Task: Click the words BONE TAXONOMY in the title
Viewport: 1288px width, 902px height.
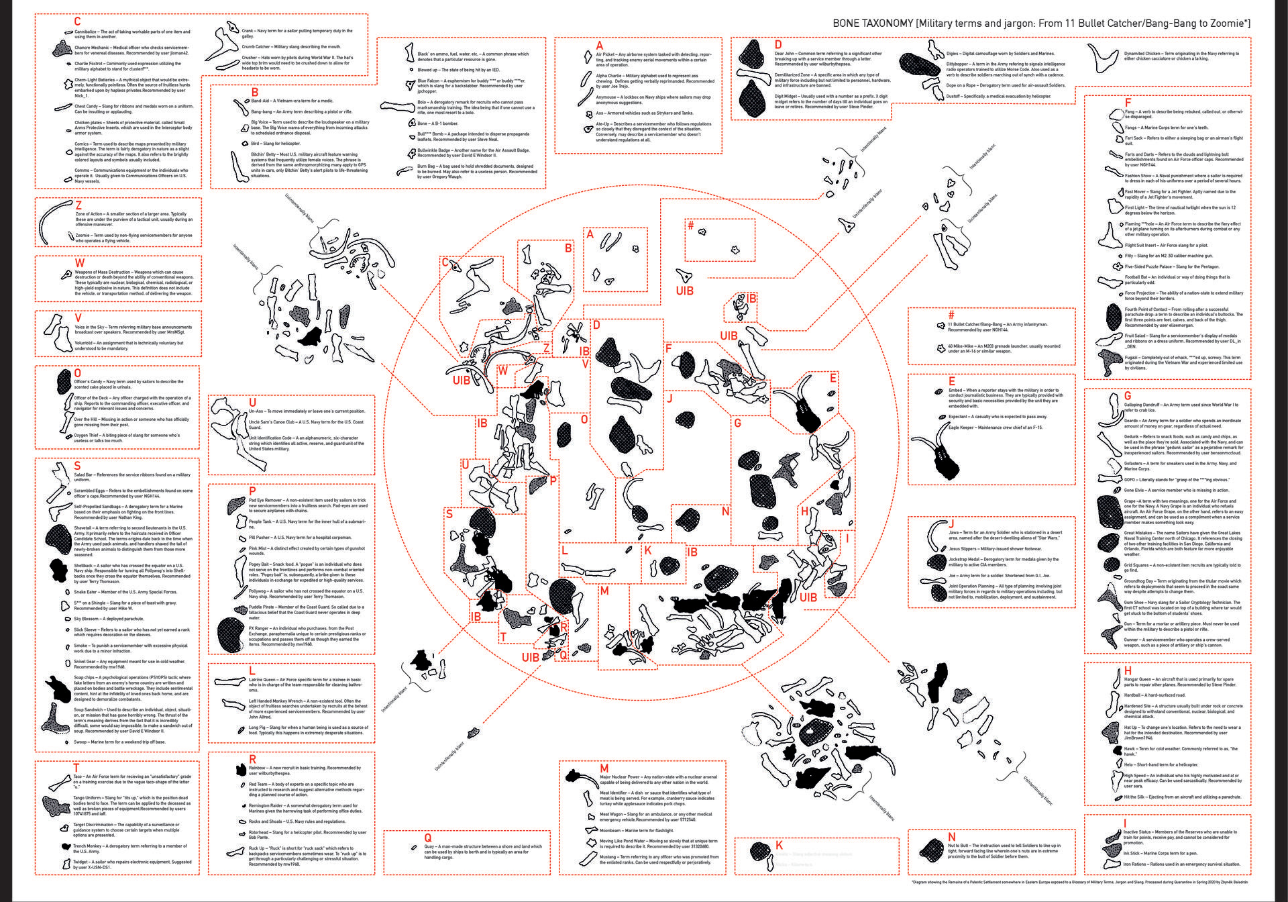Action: [872, 23]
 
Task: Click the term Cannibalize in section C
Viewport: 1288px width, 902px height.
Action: [85, 32]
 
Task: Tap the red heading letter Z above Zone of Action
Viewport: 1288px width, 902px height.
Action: [78, 205]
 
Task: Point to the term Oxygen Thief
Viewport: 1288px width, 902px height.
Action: [89, 436]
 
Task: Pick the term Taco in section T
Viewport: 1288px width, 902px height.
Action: [78, 776]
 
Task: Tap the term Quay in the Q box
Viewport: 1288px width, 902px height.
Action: [429, 846]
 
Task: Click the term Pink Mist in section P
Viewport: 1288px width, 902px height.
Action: [258, 548]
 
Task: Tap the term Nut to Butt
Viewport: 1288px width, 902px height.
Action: [960, 846]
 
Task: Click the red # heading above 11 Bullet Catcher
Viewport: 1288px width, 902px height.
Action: [951, 315]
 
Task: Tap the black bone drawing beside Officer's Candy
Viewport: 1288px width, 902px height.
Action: [64, 381]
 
